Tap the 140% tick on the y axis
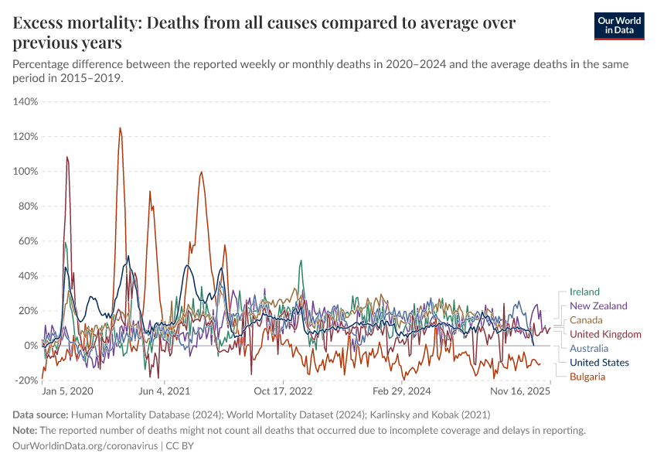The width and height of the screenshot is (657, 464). [x=26, y=102]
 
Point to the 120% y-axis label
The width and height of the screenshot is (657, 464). [x=26, y=137]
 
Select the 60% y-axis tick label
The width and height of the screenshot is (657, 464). [x=29, y=241]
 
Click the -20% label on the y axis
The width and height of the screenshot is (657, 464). [x=27, y=380]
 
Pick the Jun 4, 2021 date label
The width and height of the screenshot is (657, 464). [x=164, y=393]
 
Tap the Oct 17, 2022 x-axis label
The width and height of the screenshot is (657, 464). [x=284, y=393]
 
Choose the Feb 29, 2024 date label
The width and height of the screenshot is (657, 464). [x=403, y=393]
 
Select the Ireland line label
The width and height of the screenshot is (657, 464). [x=584, y=292]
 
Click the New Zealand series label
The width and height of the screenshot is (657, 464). [x=598, y=306]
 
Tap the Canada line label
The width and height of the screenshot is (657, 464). [x=586, y=320]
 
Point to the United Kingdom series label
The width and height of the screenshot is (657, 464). [x=605, y=334]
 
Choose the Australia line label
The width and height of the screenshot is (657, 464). [x=589, y=349]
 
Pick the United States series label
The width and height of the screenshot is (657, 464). [x=599, y=363]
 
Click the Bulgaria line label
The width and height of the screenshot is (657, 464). [x=587, y=377]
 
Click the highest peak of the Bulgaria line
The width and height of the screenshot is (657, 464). [x=120, y=128]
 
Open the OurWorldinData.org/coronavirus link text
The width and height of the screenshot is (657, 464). [x=86, y=446]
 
